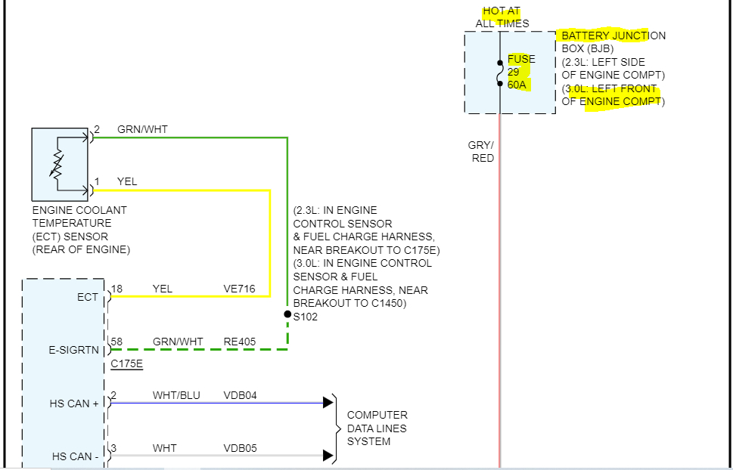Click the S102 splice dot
pos(287,314)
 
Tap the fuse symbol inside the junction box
pos(500,73)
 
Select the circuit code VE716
pos(240,289)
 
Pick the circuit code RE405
pos(240,342)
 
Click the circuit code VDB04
pos(241,395)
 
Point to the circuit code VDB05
pos(241,448)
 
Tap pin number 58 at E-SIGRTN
pos(116,342)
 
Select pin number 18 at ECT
pos(116,289)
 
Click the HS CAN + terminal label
pos(74,404)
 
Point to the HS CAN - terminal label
pos(75,456)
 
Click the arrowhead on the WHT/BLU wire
pos(328,402)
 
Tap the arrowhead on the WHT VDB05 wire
pos(328,455)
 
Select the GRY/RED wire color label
pos(481,151)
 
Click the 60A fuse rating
pos(517,85)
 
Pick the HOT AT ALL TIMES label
pos(502,17)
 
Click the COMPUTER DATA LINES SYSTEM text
pos(377,428)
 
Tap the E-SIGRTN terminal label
pos(73,350)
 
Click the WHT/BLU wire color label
pos(176,395)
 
